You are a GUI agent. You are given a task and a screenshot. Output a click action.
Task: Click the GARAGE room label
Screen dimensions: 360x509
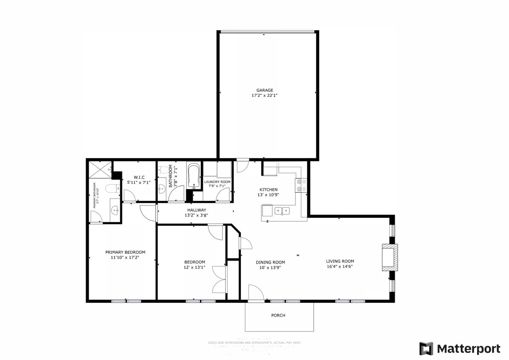coord(265,90)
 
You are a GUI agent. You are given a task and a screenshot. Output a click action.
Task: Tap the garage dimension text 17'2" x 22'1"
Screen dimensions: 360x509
coord(265,96)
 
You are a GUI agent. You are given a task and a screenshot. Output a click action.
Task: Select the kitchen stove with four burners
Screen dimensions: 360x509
coord(301,185)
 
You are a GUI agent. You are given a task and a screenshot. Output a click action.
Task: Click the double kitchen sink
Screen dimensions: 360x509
coord(282,210)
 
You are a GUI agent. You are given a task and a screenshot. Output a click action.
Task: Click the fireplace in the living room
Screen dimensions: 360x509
coord(389,257)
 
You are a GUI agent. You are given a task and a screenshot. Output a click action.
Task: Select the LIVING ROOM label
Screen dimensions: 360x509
coord(340,261)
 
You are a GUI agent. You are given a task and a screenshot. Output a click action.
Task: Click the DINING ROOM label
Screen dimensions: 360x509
coord(270,262)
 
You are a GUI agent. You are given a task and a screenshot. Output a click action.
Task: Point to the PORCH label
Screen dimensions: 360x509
coord(278,316)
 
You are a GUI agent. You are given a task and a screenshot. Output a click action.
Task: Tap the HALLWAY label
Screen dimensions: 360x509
coord(196,210)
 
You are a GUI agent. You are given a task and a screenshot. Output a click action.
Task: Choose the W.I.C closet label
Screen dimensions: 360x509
coord(139,177)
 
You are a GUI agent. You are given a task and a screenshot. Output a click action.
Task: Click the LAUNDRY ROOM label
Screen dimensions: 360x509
coord(217,182)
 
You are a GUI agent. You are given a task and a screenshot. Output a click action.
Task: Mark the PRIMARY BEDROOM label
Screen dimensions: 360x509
coord(125,252)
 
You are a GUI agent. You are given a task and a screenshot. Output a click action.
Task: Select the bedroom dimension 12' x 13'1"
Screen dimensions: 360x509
coord(194,267)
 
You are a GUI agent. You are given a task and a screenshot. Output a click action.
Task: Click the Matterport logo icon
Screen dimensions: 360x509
coord(426,348)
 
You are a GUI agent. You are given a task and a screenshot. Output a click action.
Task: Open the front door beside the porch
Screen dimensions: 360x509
coord(256,293)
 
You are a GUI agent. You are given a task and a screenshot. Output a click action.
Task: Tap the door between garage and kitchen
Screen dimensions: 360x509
coord(243,165)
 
